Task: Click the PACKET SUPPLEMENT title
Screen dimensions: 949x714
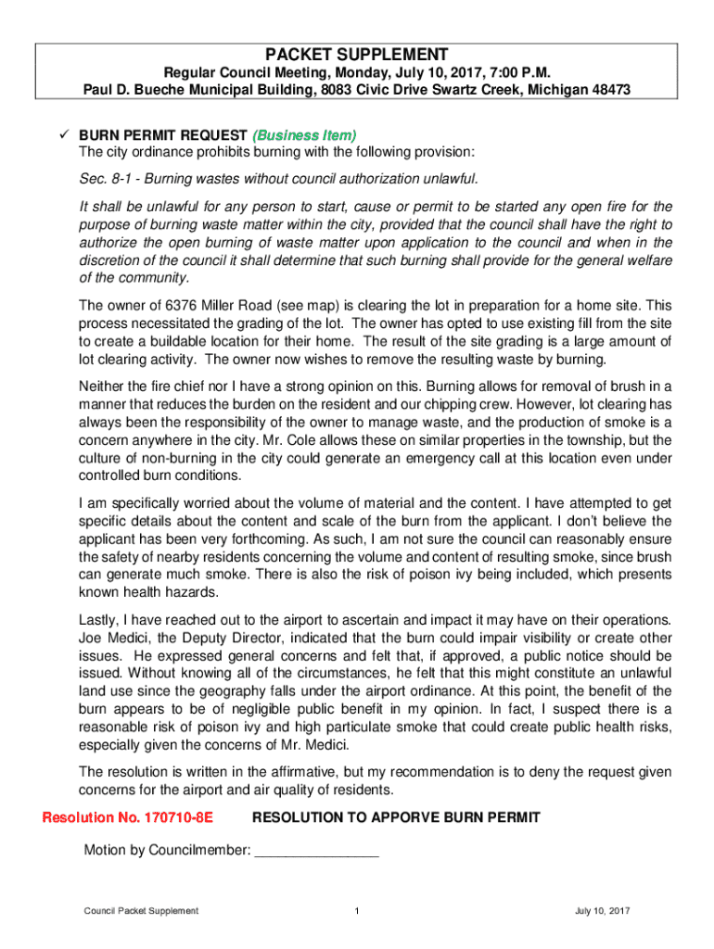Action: pyautogui.click(x=357, y=54)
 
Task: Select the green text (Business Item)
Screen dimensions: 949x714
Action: pyautogui.click(x=310, y=135)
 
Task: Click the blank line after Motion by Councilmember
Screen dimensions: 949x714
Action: pyautogui.click(x=316, y=850)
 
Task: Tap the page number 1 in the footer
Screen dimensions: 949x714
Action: pyautogui.click(x=357, y=911)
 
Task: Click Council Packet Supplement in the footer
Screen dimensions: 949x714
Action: pyautogui.click(x=140, y=911)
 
